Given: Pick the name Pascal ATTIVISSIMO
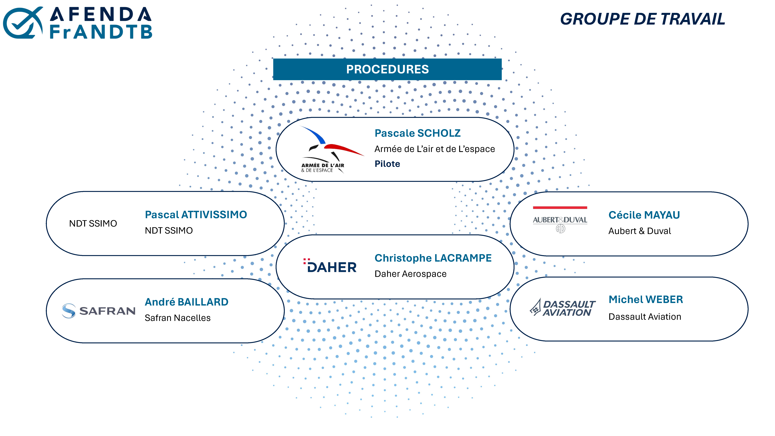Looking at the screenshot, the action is click(196, 214).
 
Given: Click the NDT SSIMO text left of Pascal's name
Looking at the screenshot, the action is click(93, 223).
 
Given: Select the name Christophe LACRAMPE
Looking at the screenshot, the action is click(433, 258).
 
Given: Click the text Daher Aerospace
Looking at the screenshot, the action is click(410, 274).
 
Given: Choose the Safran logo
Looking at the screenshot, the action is click(98, 311).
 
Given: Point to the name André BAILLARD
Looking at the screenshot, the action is click(187, 302).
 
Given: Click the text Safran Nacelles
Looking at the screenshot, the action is click(178, 318).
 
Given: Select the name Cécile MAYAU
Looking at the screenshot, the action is click(644, 215).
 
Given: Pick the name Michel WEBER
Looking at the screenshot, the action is click(646, 299).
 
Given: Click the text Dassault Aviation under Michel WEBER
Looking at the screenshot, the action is click(645, 317).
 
